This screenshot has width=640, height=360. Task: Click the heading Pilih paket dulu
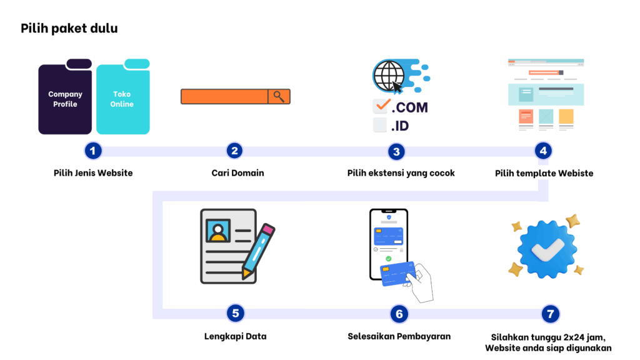69,29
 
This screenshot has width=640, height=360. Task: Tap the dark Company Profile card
65,99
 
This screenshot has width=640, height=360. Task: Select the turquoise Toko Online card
122,99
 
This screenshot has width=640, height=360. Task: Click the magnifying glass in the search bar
279,96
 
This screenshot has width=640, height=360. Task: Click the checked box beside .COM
381,106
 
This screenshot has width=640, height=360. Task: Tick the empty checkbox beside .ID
380,125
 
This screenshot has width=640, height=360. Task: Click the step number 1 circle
93,151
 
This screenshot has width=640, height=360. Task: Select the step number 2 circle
234,151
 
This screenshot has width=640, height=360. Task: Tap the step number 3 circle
396,151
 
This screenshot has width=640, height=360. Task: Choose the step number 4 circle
543,151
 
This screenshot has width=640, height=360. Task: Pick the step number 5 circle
235,313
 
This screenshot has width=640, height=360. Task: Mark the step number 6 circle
399,314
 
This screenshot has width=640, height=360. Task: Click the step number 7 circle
549,314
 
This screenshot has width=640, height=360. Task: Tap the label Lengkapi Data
235,336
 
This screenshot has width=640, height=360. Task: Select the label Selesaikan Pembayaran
399,336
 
